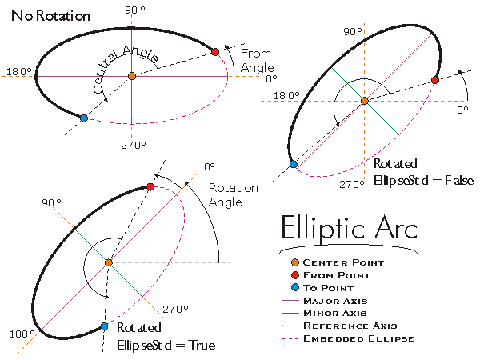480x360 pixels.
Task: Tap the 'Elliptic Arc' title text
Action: coord(349,228)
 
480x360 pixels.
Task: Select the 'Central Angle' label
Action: coord(125,68)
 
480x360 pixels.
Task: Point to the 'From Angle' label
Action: coord(256,60)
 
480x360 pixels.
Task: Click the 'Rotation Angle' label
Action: coord(234,194)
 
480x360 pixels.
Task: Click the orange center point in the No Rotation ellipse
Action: coord(132,76)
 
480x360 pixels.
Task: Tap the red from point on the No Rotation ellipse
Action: coord(215,52)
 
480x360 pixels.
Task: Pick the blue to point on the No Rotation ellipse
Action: coord(84,118)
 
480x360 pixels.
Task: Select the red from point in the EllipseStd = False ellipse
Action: coord(434,80)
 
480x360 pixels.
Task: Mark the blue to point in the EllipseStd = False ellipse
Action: coord(294,164)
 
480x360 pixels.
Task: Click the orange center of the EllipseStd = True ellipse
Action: coord(108,262)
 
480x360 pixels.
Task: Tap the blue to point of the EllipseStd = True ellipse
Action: coord(104,326)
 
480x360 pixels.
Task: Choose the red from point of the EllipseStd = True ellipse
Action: coord(150,187)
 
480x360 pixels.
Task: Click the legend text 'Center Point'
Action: coord(343,262)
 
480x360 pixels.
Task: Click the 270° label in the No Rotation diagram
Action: coord(133,145)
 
